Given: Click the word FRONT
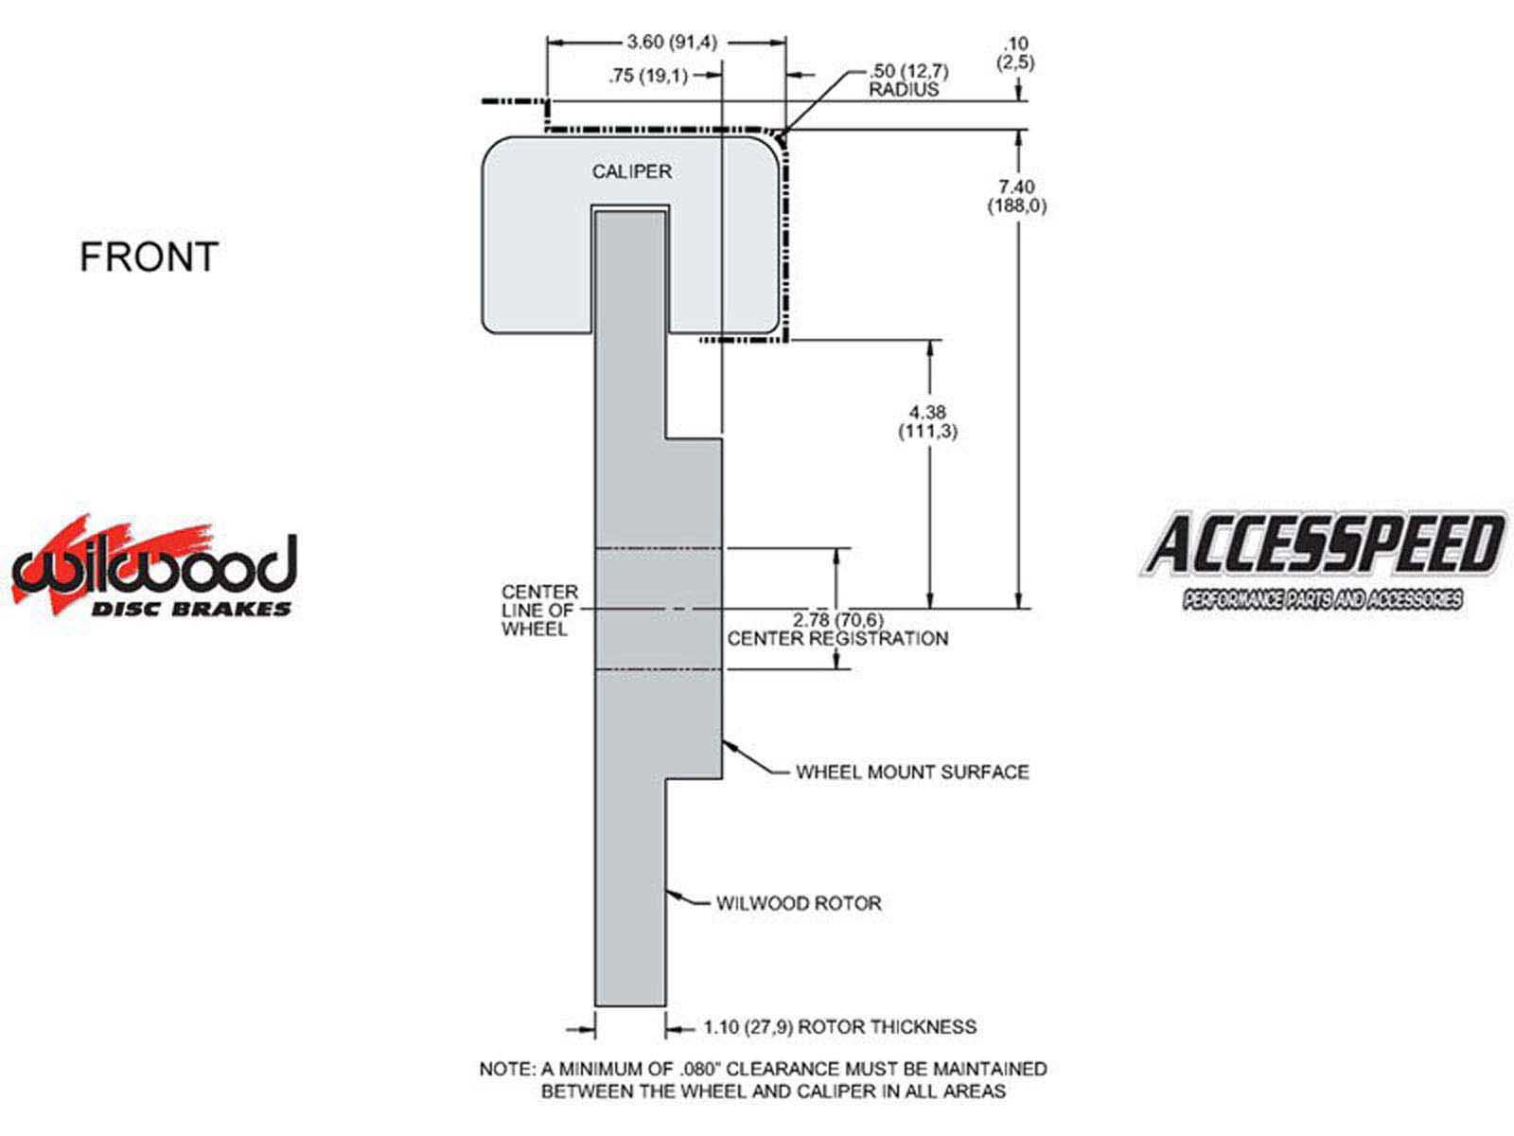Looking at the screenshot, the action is [149, 257].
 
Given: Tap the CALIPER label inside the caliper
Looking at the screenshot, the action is [632, 171].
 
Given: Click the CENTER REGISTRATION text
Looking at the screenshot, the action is [838, 639].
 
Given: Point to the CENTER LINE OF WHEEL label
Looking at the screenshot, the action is [539, 611].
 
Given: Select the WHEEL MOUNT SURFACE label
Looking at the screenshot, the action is [912, 772].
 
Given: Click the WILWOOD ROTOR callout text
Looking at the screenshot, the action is [799, 903].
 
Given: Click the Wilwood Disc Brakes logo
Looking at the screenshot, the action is [154, 567].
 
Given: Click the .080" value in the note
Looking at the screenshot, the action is [700, 1069].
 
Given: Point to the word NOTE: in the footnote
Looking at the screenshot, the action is [507, 1069].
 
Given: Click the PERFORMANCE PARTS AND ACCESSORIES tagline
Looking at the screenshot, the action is [1322, 599].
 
